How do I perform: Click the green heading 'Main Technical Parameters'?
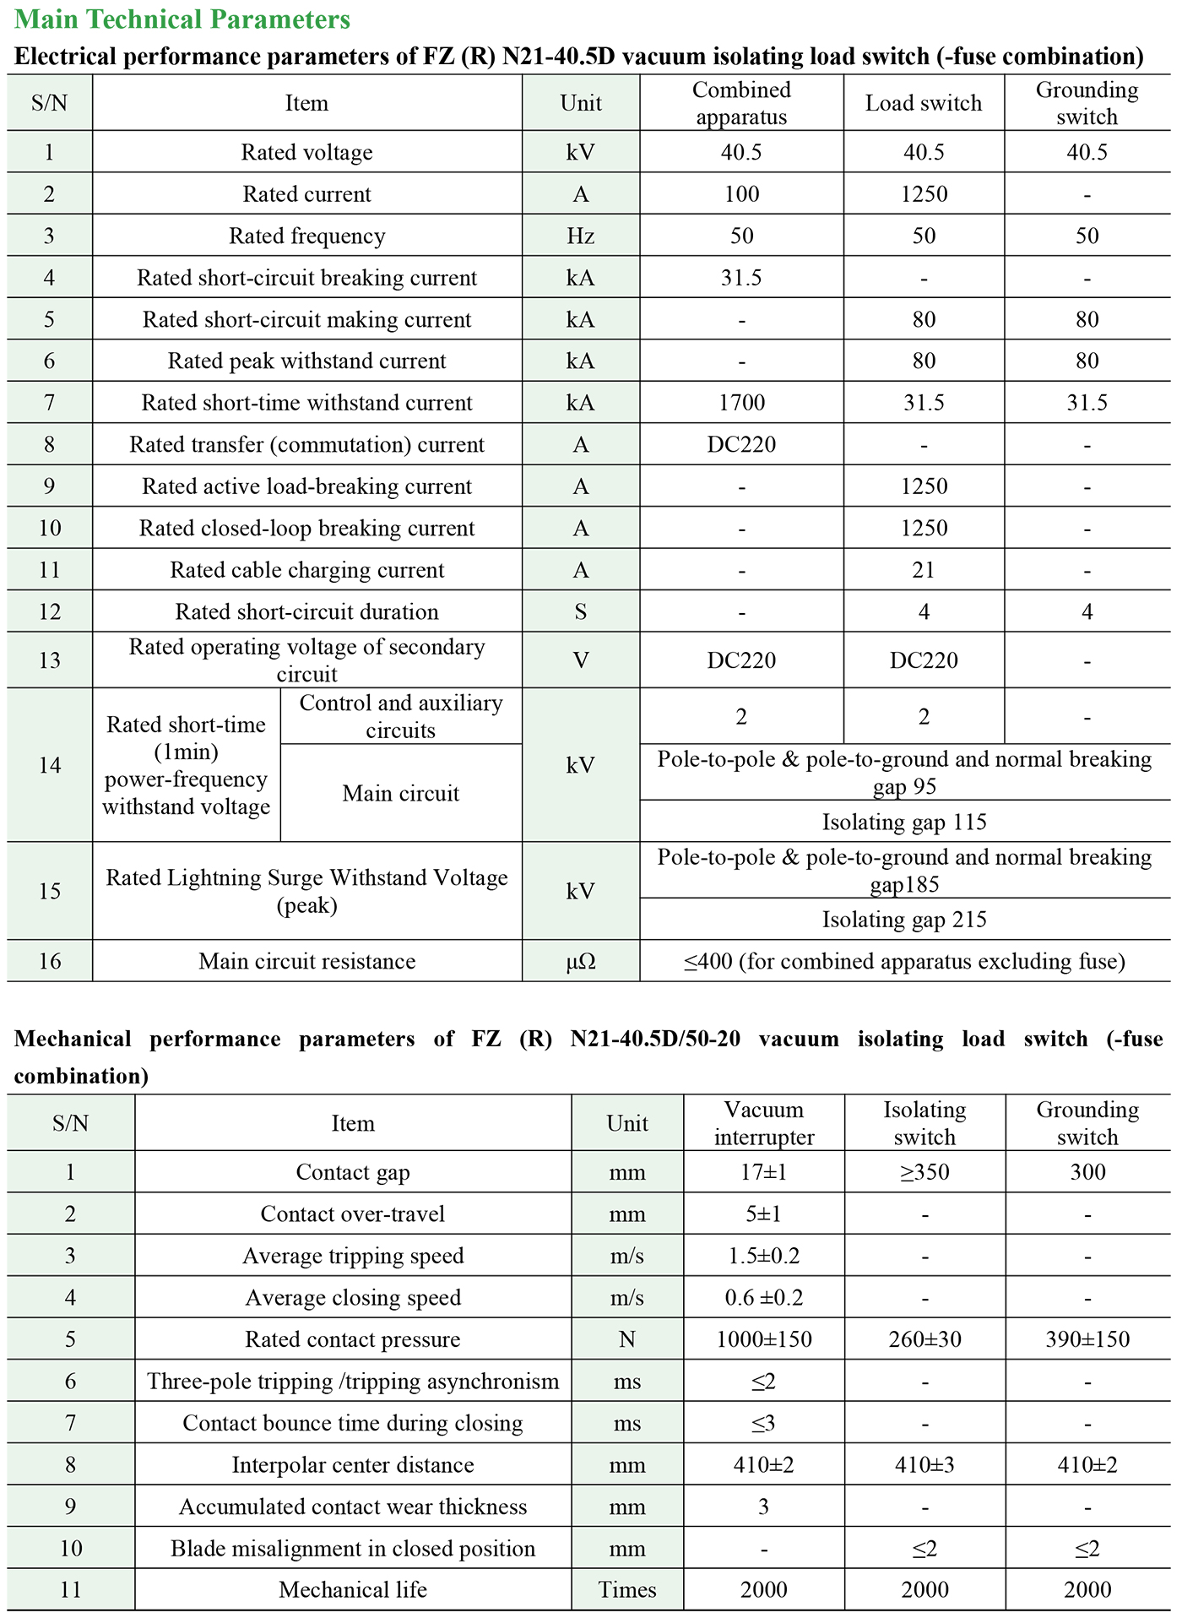click(x=182, y=19)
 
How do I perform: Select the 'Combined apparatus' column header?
click(x=741, y=103)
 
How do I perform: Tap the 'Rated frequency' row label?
click(x=306, y=236)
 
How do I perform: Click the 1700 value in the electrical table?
click(x=741, y=403)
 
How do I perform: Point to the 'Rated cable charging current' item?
click(x=306, y=570)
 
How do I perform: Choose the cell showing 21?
click(x=924, y=570)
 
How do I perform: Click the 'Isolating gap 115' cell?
click(x=904, y=822)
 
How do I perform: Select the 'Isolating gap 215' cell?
click(x=904, y=920)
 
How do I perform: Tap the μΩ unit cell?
click(x=581, y=961)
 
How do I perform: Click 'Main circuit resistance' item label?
click(x=306, y=961)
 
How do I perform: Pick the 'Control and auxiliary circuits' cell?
click(x=401, y=716)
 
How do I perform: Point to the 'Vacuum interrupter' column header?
click(x=764, y=1123)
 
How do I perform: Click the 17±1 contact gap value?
click(x=764, y=1172)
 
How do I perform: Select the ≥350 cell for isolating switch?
click(x=924, y=1172)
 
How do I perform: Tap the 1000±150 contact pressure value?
click(x=764, y=1339)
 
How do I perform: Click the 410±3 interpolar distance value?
click(x=924, y=1465)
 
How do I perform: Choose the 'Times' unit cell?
click(x=627, y=1590)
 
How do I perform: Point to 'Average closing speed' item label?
click(x=353, y=1298)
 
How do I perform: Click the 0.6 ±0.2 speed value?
click(x=764, y=1298)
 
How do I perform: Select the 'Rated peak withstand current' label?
click(x=306, y=361)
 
